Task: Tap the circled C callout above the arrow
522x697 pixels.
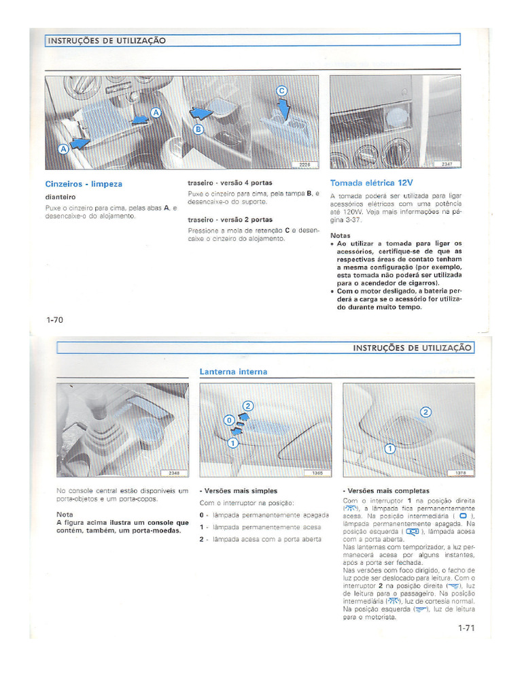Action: point(281,91)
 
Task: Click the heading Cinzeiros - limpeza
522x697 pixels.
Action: point(84,184)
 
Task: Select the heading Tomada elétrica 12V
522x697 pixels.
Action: point(371,183)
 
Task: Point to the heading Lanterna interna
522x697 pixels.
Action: point(233,372)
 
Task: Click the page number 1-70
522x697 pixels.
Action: point(54,320)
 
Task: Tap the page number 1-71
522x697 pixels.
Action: point(466,628)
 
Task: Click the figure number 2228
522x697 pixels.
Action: point(304,165)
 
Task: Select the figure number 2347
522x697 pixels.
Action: point(447,165)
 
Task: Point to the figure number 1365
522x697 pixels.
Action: point(317,472)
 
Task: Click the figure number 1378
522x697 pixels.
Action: point(460,472)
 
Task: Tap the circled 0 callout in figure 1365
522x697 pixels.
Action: point(229,419)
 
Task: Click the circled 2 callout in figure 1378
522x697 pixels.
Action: point(426,412)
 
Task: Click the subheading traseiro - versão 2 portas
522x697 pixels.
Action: point(230,220)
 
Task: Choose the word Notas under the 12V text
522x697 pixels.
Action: point(341,236)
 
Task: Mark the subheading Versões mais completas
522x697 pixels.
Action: point(387,491)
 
